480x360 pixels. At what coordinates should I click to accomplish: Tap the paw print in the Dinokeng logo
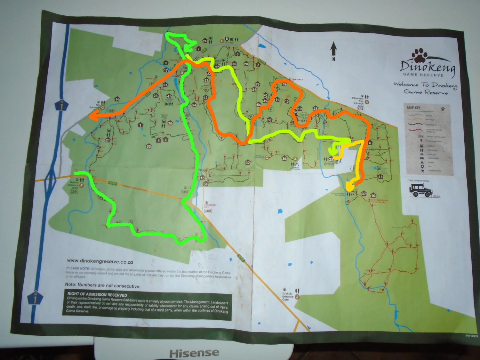tap(420, 55)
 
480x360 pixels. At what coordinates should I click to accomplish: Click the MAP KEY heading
tap(414, 108)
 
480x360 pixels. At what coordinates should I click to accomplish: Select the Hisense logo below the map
tap(194, 353)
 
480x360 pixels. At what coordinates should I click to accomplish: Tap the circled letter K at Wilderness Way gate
tap(367, 102)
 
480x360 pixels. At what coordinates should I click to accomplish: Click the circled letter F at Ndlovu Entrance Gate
tap(81, 185)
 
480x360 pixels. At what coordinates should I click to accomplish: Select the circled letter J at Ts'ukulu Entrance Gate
tap(297, 297)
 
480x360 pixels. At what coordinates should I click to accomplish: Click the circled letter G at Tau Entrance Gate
tap(103, 108)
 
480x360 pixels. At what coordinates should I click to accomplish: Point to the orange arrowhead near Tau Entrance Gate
tap(92, 117)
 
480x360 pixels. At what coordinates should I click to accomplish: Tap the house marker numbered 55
tap(148, 146)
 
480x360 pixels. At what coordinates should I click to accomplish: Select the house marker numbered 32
tap(247, 163)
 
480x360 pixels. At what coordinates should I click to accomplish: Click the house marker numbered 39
tap(284, 84)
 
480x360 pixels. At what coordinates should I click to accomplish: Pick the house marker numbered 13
tap(380, 176)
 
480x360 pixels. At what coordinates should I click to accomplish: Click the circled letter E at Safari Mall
tap(221, 41)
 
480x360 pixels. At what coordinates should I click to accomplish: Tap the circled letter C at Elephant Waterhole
tap(267, 157)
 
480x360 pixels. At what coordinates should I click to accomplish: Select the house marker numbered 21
tap(108, 140)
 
